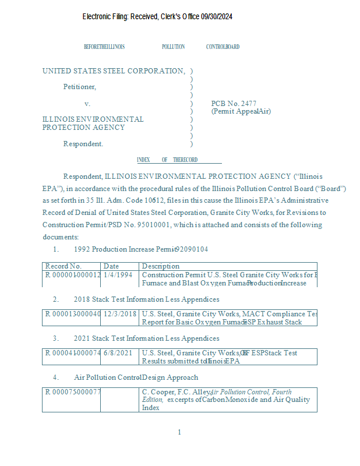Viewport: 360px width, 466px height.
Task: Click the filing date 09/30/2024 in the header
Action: point(217,17)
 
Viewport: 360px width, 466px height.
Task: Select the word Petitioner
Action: point(80,87)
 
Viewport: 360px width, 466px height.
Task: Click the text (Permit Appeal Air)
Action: point(241,111)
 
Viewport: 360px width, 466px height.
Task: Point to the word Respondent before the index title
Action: point(83,144)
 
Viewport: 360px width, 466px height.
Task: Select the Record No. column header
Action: point(63,266)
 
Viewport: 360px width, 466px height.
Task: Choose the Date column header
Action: point(111,266)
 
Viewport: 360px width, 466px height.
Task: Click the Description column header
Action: point(161,266)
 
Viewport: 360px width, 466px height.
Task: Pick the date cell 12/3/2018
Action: point(120,314)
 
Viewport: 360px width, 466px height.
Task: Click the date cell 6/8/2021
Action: point(118,353)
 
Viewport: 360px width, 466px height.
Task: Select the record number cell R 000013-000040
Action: point(73,314)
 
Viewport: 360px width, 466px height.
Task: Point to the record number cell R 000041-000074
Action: point(73,353)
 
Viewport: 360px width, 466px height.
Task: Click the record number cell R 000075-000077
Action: point(73,392)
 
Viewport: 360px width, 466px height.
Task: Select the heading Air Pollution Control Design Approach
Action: point(136,377)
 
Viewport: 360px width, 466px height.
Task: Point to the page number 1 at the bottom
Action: point(179,432)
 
